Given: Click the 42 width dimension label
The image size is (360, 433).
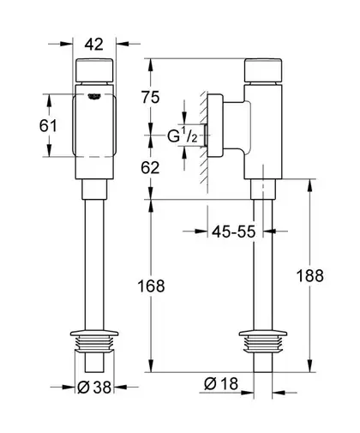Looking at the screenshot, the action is (x=94, y=45).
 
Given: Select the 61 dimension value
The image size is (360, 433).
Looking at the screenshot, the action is (x=48, y=125).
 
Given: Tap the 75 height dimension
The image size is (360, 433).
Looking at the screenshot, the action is (x=151, y=97).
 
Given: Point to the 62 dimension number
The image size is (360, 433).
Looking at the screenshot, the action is (x=150, y=168).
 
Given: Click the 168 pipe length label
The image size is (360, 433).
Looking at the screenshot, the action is (x=151, y=286).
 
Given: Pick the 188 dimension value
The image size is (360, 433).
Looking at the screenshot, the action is (x=310, y=276).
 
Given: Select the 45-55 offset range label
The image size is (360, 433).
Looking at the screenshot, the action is (x=234, y=232).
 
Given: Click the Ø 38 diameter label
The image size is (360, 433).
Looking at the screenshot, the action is (x=94, y=388).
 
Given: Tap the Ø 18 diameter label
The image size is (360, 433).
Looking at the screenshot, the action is (x=221, y=383).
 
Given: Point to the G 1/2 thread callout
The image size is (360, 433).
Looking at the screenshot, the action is (x=183, y=135).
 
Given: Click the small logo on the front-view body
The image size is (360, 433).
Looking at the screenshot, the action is (x=94, y=97).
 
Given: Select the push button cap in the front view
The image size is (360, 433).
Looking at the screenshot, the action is (x=94, y=70).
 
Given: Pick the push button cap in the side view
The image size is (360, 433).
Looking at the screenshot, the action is (x=263, y=70).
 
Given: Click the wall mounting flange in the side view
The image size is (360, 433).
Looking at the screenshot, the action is (x=214, y=126).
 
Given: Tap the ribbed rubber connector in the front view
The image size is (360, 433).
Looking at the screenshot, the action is (x=94, y=342).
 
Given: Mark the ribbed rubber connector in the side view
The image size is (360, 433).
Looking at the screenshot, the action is (x=263, y=342).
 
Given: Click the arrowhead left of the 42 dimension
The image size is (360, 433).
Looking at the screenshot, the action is (x=67, y=44).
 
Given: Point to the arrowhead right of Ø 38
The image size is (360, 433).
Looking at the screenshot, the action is (x=120, y=387).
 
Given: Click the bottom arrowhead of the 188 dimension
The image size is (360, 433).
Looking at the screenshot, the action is (x=309, y=366).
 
